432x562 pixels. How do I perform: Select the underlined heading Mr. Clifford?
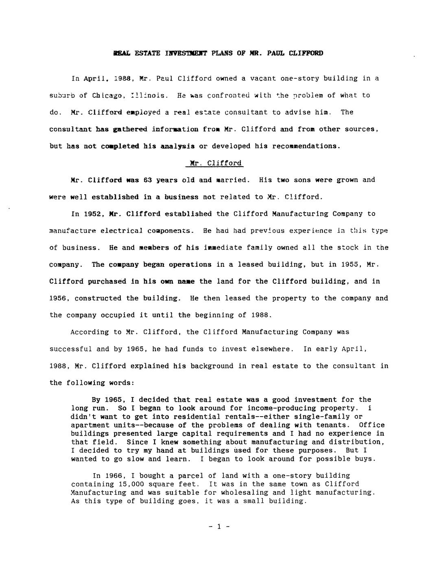coord(216,163)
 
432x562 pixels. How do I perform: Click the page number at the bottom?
coord(219,527)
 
